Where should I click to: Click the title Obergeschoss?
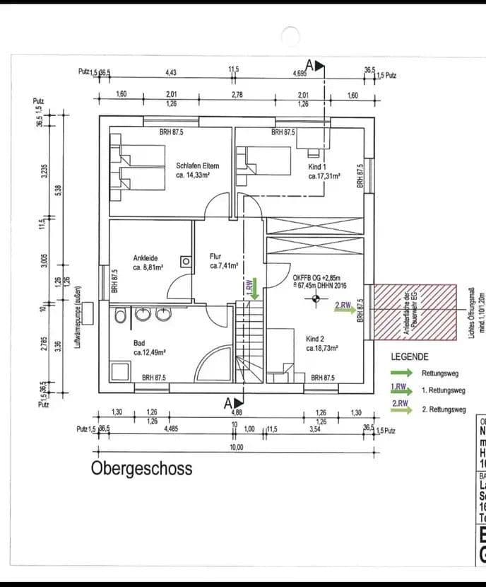(141, 469)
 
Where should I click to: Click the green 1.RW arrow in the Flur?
(254, 286)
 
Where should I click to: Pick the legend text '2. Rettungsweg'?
(443, 409)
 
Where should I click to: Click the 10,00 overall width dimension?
(236, 447)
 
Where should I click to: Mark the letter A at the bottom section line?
(228, 404)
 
